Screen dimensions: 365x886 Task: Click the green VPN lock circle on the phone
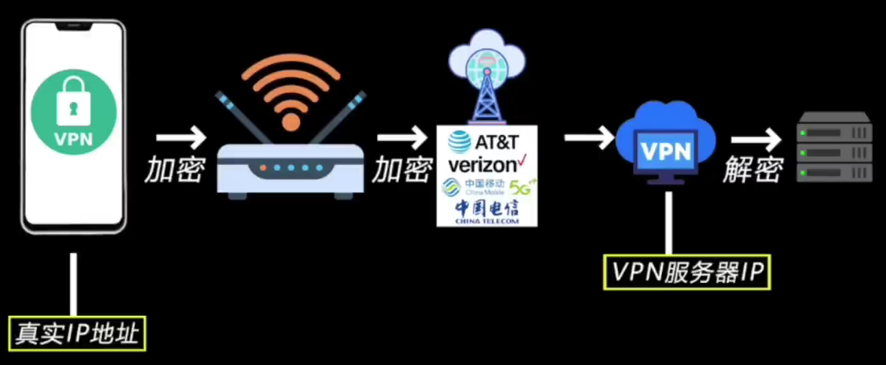point(74,113)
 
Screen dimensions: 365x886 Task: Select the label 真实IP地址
point(78,334)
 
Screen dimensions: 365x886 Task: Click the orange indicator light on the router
point(263,167)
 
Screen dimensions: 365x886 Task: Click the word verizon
point(481,165)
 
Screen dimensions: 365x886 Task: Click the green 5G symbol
point(519,186)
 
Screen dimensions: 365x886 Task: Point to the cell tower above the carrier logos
point(487,92)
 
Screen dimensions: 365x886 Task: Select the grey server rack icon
point(834,147)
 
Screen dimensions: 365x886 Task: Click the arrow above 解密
point(756,140)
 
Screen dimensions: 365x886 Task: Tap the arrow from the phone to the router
point(180,138)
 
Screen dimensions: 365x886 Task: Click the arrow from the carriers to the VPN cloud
point(588,138)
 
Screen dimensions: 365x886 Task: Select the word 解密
point(753,171)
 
